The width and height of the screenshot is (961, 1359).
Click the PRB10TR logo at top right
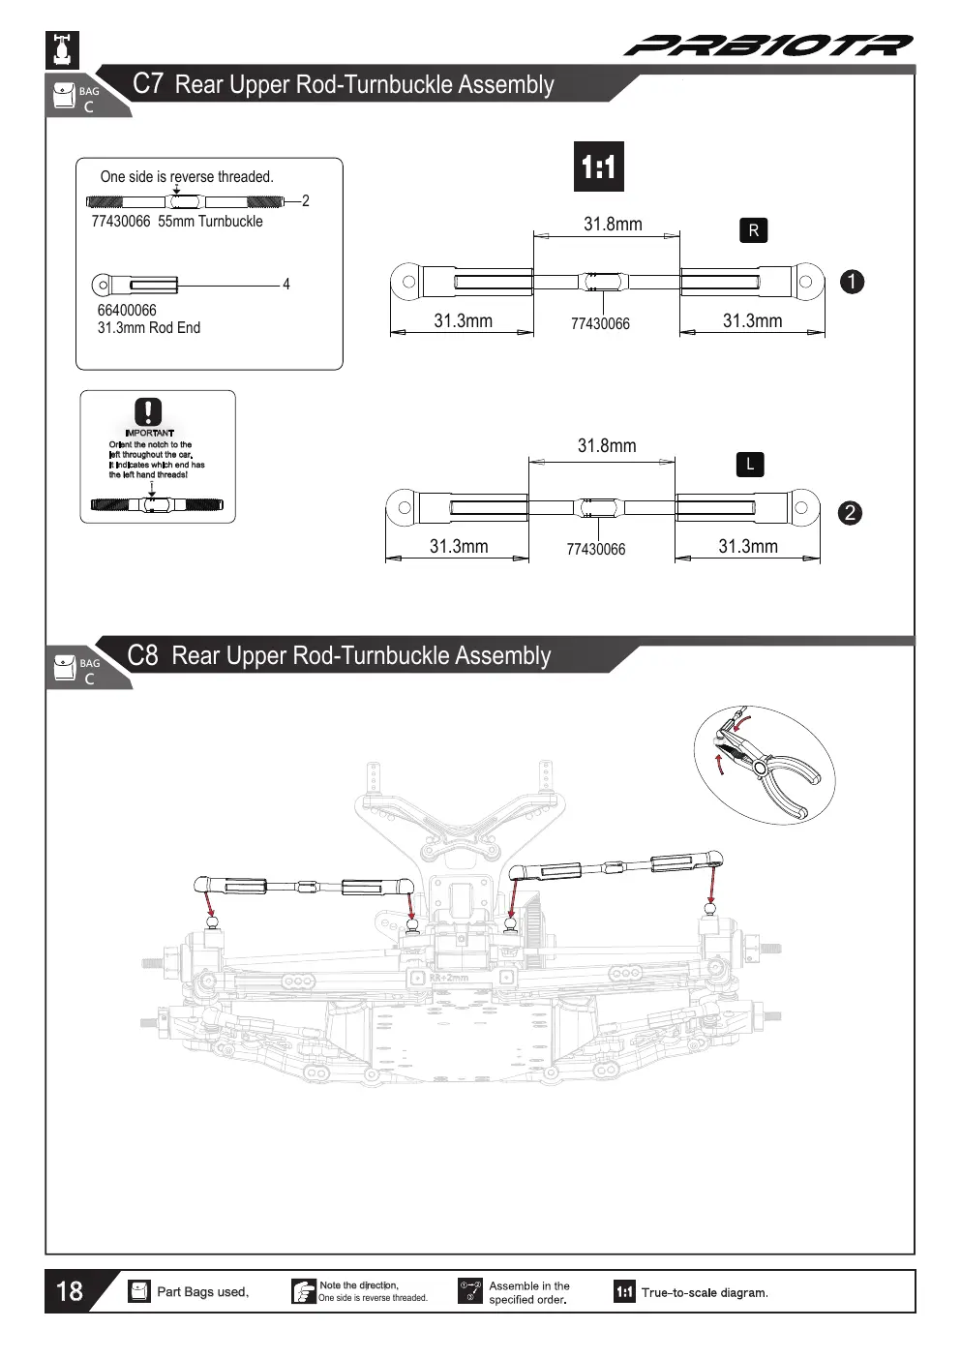tap(768, 45)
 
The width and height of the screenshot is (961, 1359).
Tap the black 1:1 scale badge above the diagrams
tap(599, 166)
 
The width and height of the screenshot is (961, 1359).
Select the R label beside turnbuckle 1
tap(754, 230)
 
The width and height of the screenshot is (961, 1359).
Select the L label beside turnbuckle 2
tap(750, 465)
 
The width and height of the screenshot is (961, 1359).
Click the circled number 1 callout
tap(852, 282)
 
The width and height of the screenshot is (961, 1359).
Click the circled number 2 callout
tap(850, 513)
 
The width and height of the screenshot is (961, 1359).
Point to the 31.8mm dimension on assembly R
tap(613, 225)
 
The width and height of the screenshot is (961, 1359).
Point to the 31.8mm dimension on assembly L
tap(607, 446)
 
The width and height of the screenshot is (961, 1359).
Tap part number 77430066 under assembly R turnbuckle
tap(600, 324)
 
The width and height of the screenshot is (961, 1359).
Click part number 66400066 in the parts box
tap(127, 311)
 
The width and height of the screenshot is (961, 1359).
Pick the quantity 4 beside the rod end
tap(286, 284)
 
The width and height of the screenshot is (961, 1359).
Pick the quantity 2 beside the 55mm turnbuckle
tap(305, 200)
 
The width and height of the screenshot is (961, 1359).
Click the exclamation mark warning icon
tap(148, 412)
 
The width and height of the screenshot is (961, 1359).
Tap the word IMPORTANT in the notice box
tap(149, 434)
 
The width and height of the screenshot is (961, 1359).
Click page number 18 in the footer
tap(70, 1291)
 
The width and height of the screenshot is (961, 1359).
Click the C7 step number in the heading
tap(147, 83)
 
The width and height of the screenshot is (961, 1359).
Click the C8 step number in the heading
tap(142, 656)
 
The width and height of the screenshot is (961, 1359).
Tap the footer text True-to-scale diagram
tap(705, 1293)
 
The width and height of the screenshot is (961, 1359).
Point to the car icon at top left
tap(63, 49)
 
